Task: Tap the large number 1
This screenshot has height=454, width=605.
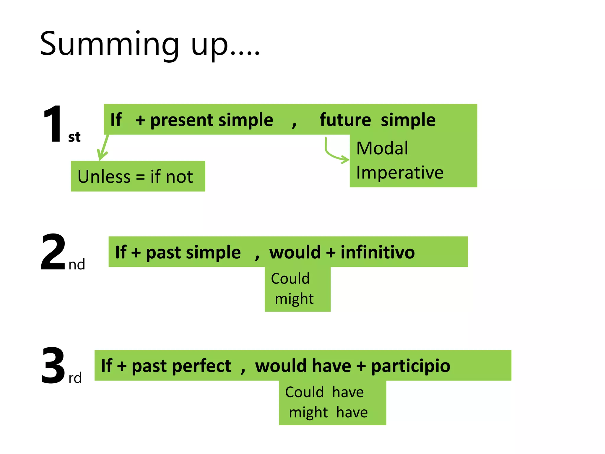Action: click(53, 124)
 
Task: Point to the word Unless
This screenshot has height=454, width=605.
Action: click(104, 177)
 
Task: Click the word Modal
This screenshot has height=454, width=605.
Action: click(382, 148)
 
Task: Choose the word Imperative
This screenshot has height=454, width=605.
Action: click(400, 173)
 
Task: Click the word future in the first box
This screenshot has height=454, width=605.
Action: click(345, 120)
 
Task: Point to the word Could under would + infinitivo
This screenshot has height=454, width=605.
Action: click(290, 278)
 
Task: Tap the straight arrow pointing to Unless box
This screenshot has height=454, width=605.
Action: click(103, 147)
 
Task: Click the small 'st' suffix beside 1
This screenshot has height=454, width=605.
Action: click(74, 137)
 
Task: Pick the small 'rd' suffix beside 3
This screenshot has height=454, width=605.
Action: click(75, 378)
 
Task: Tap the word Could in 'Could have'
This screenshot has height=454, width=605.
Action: click(304, 392)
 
